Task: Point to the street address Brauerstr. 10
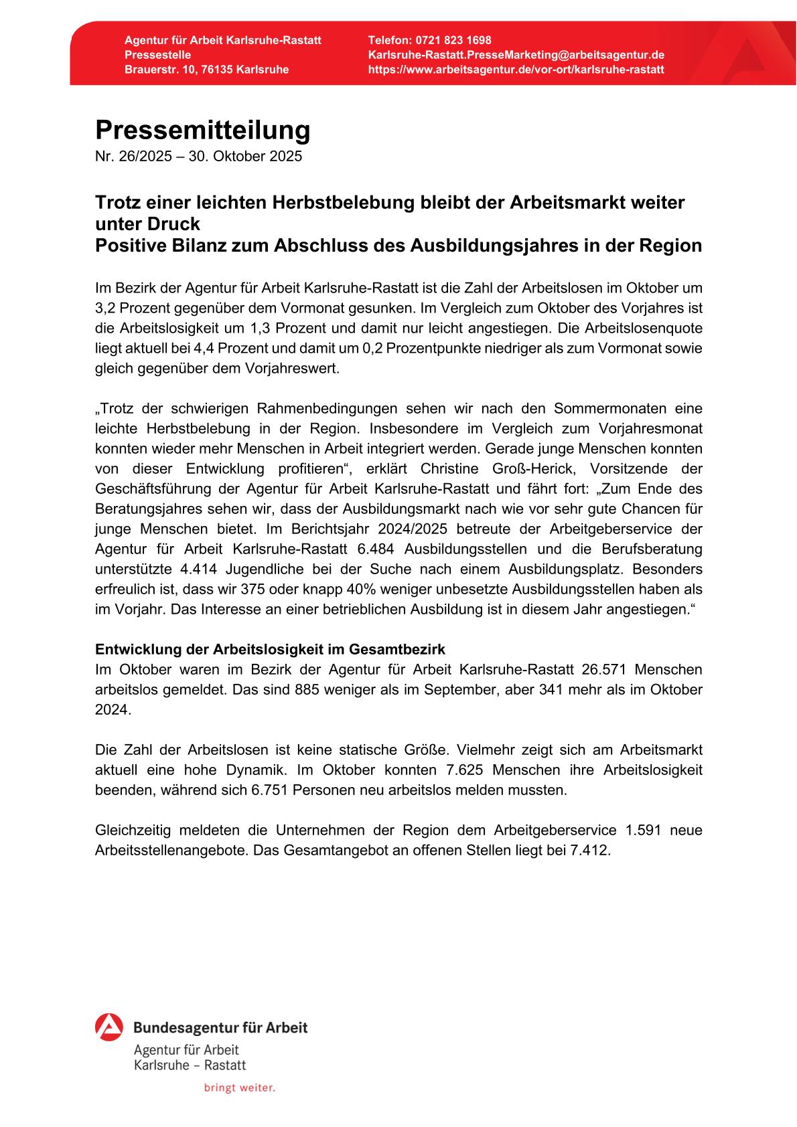pyautogui.click(x=157, y=70)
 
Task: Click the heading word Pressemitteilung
pyautogui.click(x=202, y=130)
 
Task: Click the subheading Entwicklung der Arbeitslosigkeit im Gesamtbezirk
pyautogui.click(x=270, y=649)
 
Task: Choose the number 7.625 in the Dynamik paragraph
pyautogui.click(x=466, y=770)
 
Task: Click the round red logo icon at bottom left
pyautogui.click(x=109, y=1027)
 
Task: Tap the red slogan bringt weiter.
pyautogui.click(x=239, y=1088)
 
